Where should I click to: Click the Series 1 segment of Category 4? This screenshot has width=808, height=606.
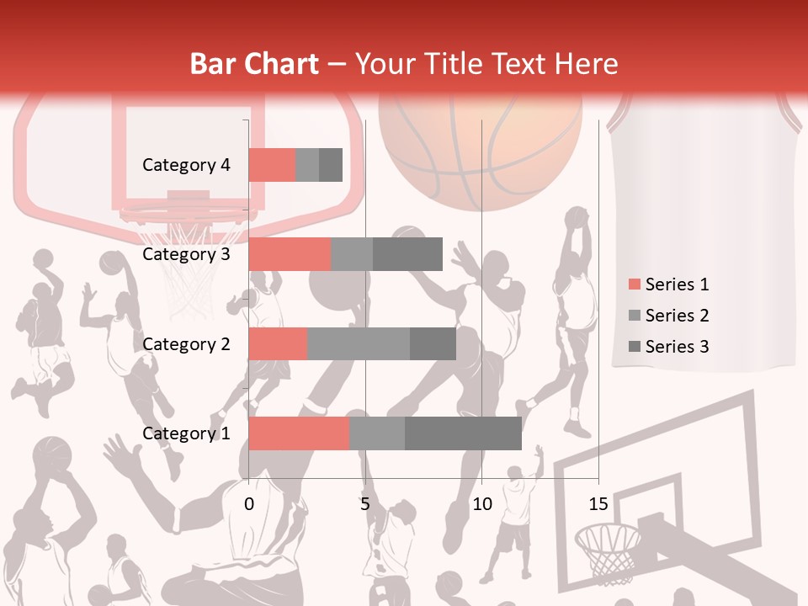pyautogui.click(x=272, y=165)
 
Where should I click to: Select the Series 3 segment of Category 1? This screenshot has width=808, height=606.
pyautogui.click(x=463, y=433)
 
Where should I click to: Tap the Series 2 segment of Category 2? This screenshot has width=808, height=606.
pyautogui.click(x=359, y=343)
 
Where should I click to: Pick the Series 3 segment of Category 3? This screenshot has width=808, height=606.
pyautogui.click(x=407, y=254)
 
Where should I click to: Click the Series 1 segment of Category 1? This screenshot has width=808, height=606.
pyautogui.click(x=299, y=433)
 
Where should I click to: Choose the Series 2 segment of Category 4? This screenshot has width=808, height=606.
pyautogui.click(x=307, y=165)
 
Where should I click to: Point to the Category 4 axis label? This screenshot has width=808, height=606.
pyautogui.click(x=186, y=165)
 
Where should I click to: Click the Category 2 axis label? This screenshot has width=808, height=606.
pyautogui.click(x=186, y=343)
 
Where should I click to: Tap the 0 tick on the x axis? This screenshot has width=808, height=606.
pyautogui.click(x=249, y=504)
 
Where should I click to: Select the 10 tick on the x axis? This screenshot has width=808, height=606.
pyautogui.click(x=481, y=504)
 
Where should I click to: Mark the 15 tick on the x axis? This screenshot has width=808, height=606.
pyautogui.click(x=598, y=504)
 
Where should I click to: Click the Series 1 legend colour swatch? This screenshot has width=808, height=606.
pyautogui.click(x=635, y=284)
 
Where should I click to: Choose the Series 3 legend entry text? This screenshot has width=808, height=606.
pyautogui.click(x=677, y=347)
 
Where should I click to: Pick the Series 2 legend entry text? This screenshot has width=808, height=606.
pyautogui.click(x=677, y=316)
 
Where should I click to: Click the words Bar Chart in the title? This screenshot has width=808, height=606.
pyautogui.click(x=254, y=64)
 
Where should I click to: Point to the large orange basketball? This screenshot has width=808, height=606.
pyautogui.click(x=480, y=147)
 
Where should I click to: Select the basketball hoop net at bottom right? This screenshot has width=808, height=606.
pyautogui.click(x=608, y=551)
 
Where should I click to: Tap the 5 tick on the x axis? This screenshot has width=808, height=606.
pyautogui.click(x=365, y=504)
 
